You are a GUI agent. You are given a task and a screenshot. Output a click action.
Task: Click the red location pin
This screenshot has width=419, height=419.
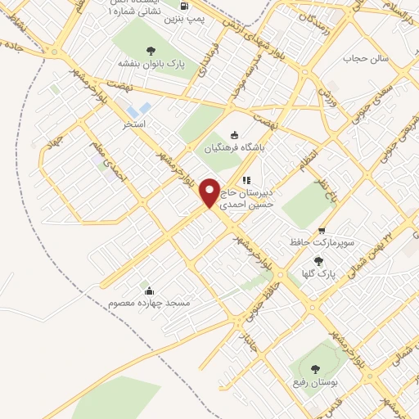click(210, 193)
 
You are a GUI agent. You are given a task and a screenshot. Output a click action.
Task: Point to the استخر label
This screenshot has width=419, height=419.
click(133, 125)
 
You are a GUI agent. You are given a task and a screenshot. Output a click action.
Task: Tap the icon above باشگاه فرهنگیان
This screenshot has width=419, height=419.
click(235, 135)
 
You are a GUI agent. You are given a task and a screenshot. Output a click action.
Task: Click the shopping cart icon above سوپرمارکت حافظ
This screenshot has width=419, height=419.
click(322, 231)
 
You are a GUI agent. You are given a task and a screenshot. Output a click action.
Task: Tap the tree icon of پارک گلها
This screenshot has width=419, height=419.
click(318, 260)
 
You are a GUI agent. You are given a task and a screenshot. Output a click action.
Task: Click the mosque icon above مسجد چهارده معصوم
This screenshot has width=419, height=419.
click(148, 290)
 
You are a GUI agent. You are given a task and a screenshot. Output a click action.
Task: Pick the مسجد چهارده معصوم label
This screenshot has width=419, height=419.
click(149, 303)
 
